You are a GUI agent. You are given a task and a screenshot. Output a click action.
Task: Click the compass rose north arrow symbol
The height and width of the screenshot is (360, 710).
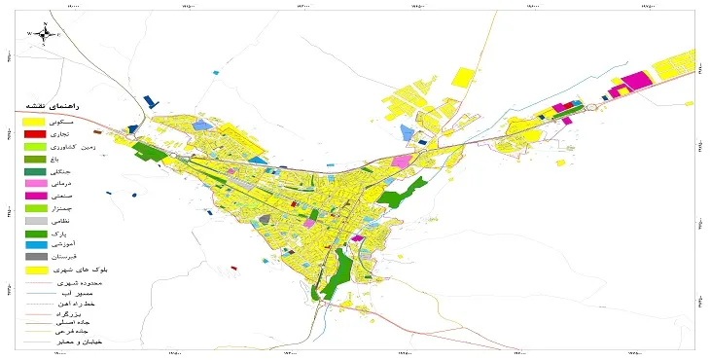[45, 33]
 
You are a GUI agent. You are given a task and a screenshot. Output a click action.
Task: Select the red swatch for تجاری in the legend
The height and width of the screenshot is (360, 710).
[34, 133]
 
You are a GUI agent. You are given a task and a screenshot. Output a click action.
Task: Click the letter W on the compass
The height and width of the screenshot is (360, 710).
[29, 34]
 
